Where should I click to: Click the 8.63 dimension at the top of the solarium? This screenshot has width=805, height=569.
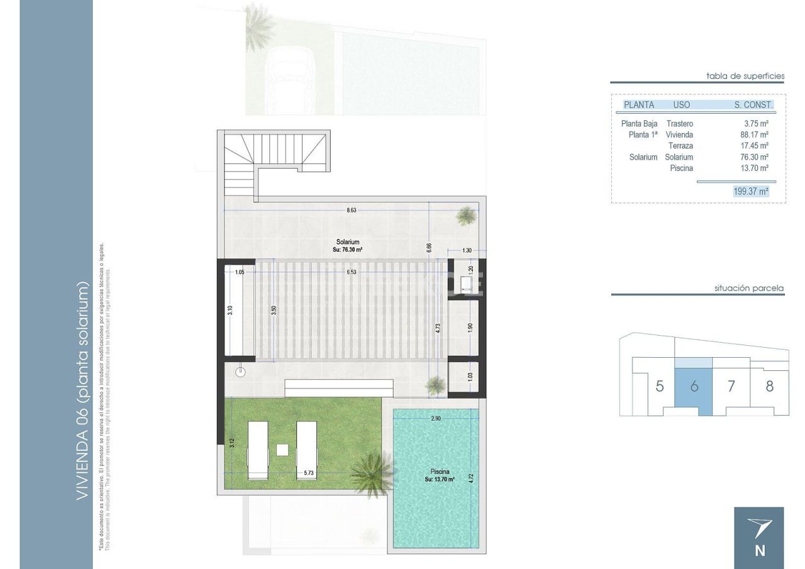coord(351,211)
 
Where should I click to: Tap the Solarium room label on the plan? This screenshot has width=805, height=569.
coord(348,241)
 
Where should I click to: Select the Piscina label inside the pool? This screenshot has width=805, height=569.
coord(440,471)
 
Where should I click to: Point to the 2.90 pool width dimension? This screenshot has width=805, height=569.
coord(435,418)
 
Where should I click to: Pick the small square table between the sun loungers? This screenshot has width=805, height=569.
coord(282,450)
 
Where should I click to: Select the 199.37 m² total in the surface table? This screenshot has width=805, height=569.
coord(751,191)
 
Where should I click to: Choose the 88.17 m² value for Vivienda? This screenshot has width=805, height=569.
coord(754,135)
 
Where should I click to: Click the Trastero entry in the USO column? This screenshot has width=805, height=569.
coord(679,124)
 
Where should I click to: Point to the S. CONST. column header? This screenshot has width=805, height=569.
coord(753,105)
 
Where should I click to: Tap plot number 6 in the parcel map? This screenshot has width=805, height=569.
coord(694,386)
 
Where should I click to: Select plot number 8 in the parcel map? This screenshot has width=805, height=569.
coord(769,386)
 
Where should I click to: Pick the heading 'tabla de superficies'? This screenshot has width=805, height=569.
coord(745,76)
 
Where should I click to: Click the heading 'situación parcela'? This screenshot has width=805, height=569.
coord(749,289)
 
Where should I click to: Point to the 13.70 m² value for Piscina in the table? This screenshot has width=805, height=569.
coord(754,168)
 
